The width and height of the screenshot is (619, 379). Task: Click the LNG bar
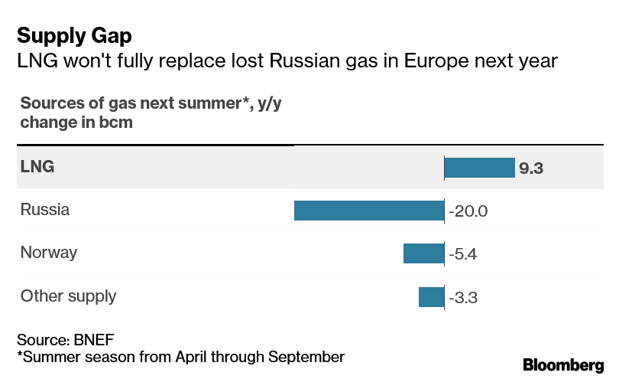[479, 168]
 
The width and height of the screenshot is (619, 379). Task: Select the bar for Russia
[369, 211]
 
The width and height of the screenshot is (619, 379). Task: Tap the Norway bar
[423, 253]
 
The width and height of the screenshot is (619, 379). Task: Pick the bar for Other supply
[431, 296]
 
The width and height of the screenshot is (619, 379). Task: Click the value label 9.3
[531, 168]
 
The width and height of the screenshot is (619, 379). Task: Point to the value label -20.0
[468, 211]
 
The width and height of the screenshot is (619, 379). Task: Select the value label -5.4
[463, 254]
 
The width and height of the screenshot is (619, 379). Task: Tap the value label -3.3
[463, 297]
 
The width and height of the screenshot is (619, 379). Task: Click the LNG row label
[37, 166]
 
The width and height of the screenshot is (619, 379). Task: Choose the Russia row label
[45, 209]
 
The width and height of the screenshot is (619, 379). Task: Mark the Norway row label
[49, 252]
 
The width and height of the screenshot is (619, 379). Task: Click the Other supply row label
[69, 296]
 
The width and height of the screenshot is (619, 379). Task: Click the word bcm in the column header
[114, 123]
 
